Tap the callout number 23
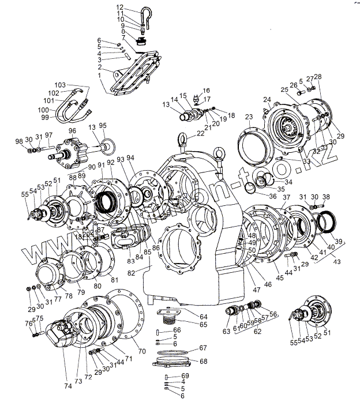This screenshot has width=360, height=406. [x=249, y=116]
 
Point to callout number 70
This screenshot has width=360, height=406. [x=141, y=351]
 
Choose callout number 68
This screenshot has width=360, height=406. [x=203, y=362]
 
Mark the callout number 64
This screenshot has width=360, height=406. [x=204, y=316]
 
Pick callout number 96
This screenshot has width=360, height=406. [x=72, y=131]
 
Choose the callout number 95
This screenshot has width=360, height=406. [x=103, y=126]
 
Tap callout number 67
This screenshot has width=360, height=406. [x=203, y=348]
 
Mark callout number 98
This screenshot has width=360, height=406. [x=20, y=142]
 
